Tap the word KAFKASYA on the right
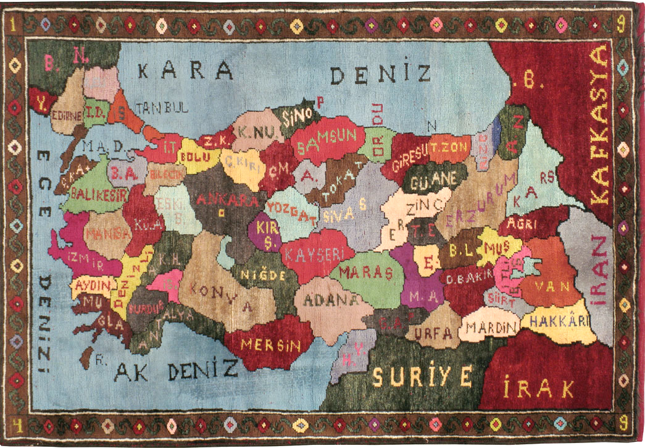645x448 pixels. [600, 126]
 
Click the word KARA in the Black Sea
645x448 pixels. [185, 70]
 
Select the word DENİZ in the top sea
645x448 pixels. [381, 74]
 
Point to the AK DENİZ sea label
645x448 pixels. [177, 371]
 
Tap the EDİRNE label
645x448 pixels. [67, 116]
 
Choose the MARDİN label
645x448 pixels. [491, 327]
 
